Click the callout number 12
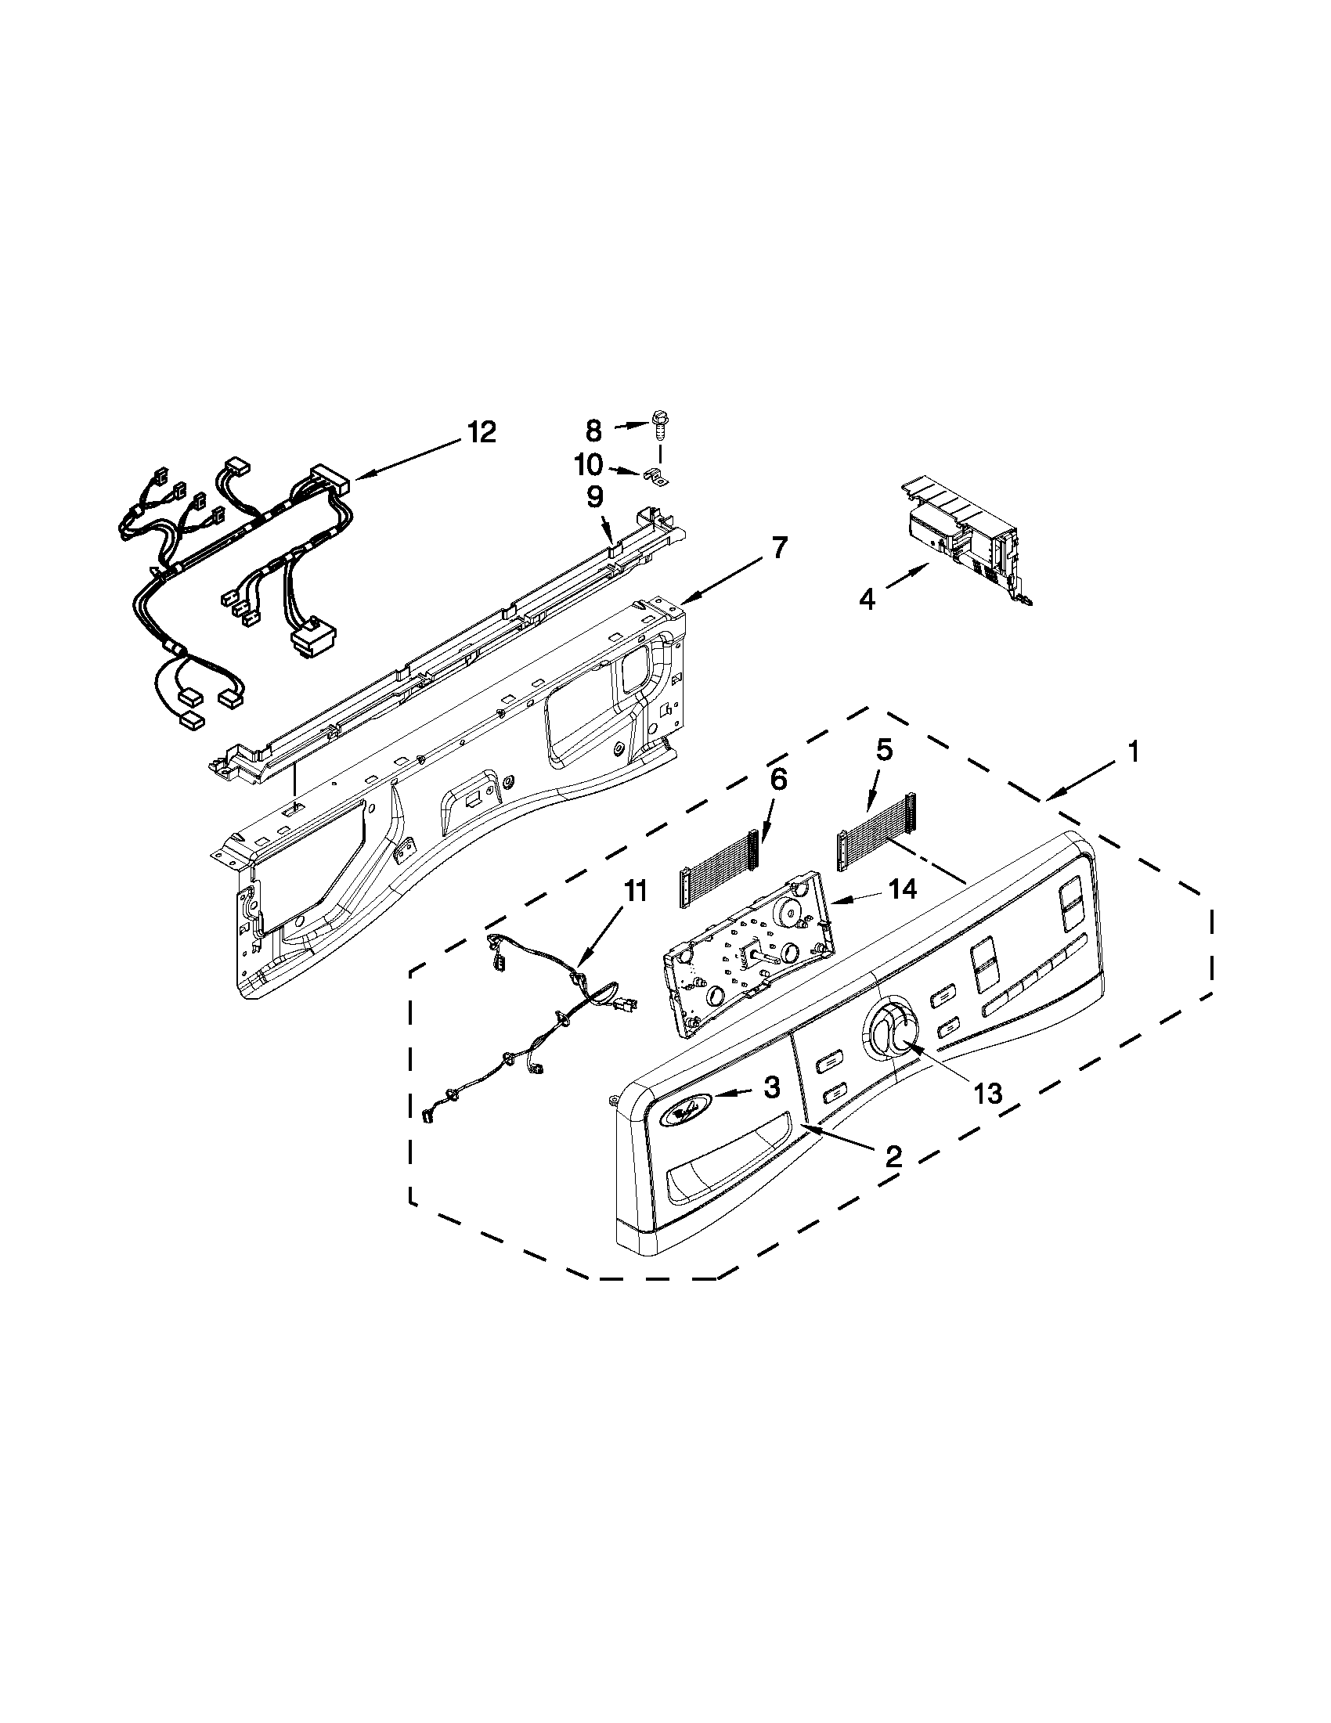pos(481,431)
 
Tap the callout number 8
pos(593,431)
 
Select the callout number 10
pos(588,464)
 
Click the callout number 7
pos(780,547)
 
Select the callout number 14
pos(903,889)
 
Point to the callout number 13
pos(987,1094)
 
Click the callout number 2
pos(893,1156)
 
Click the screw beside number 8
pos(657,424)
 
